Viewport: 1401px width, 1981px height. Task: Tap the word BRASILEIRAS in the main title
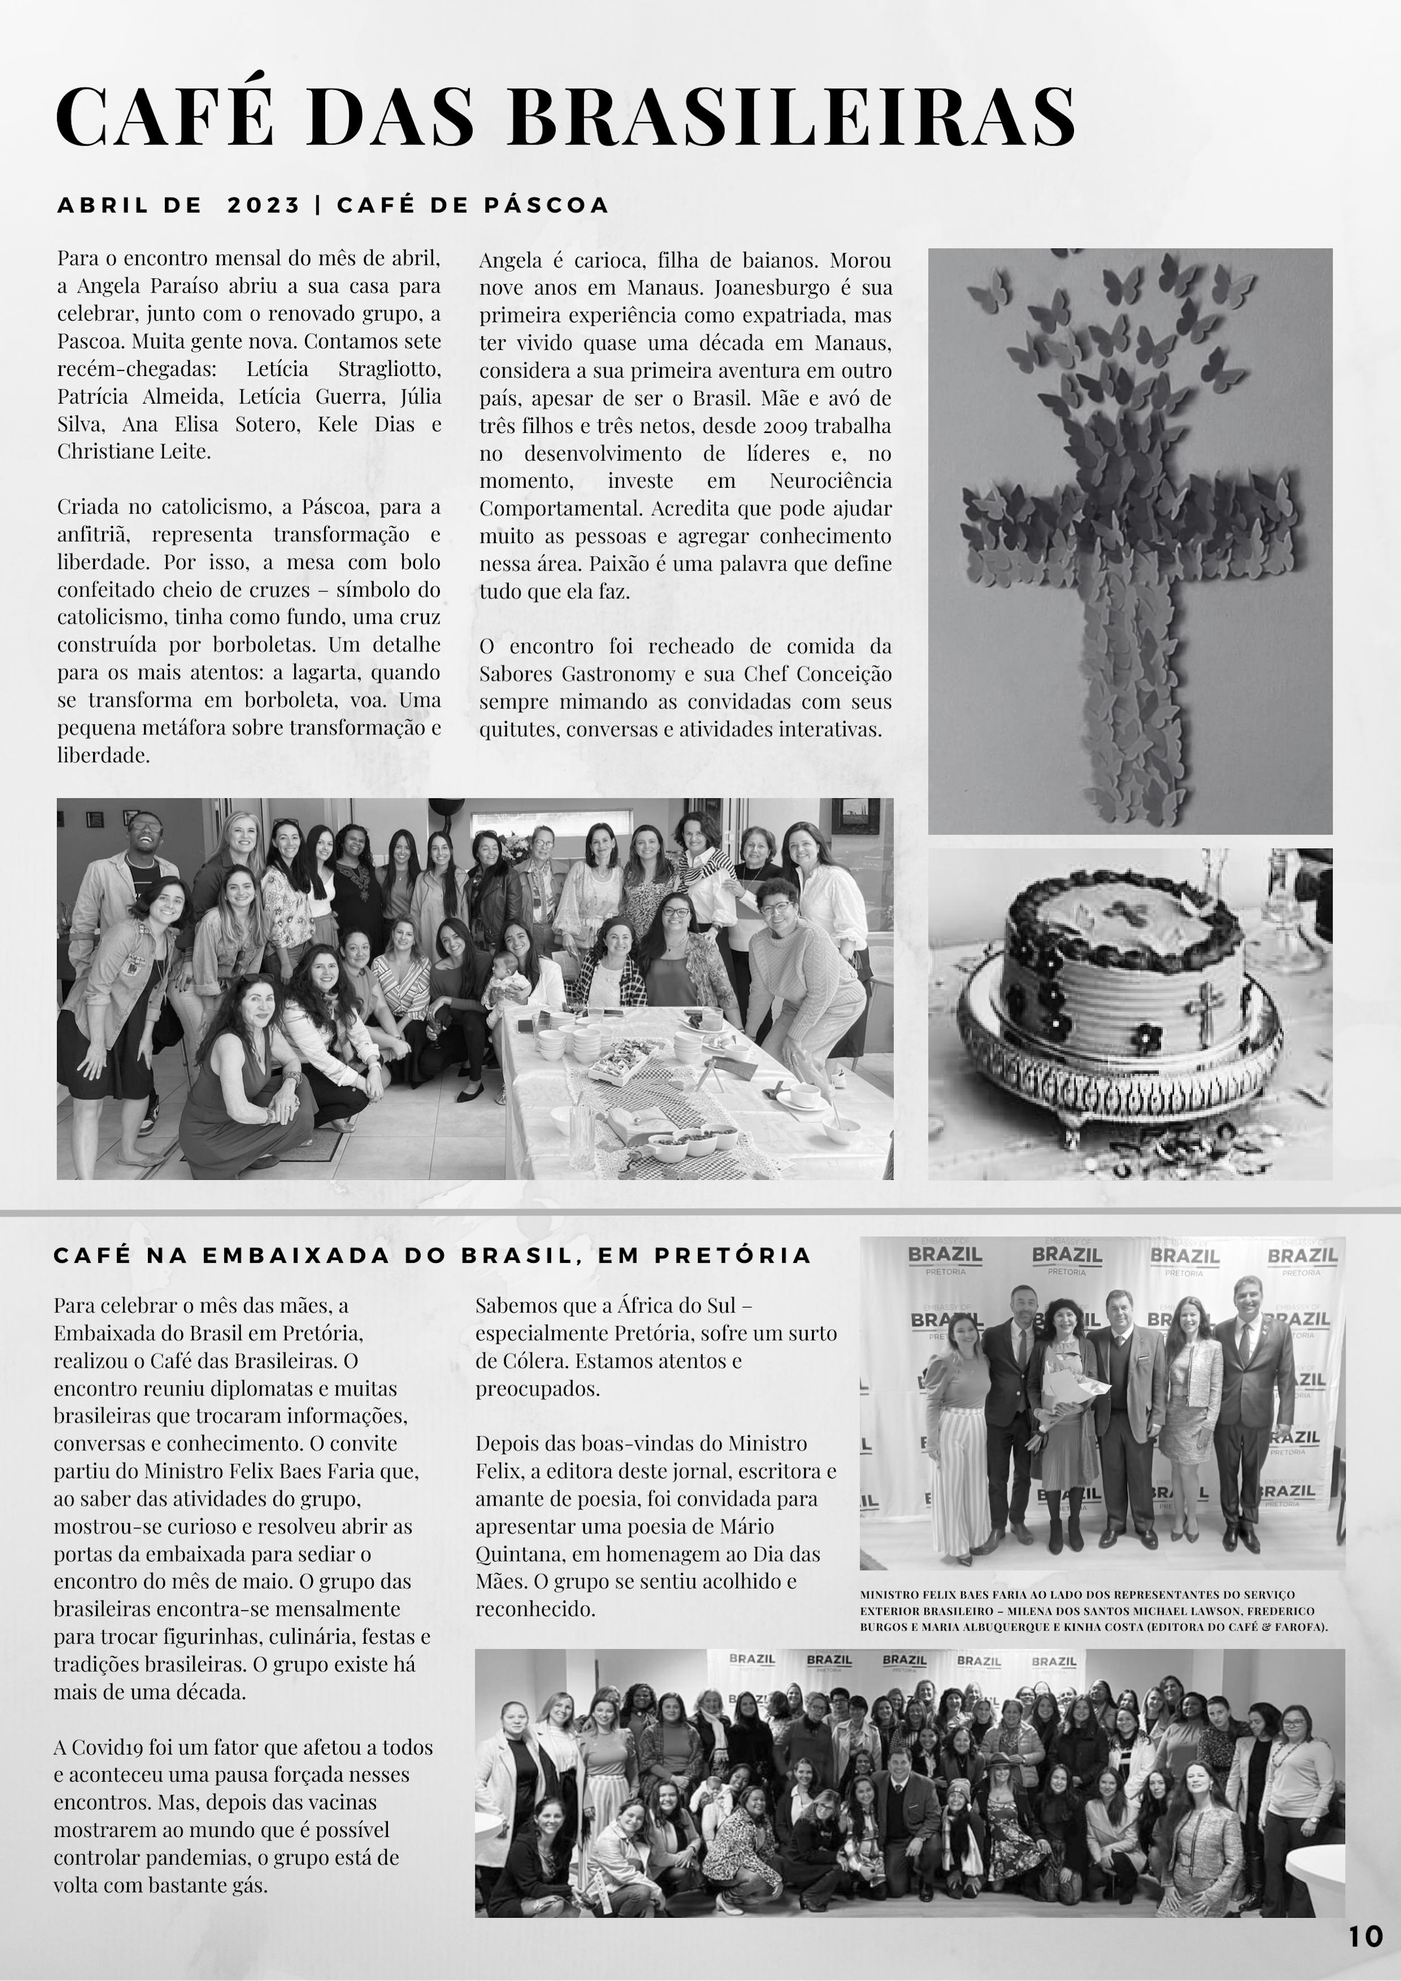[792, 117]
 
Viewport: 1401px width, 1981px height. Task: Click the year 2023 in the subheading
[263, 205]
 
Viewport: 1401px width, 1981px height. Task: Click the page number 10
[1365, 1937]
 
